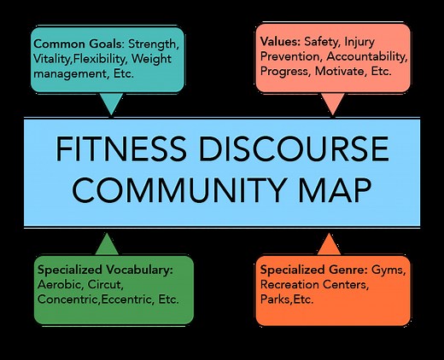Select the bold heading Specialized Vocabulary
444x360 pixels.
point(105,270)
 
